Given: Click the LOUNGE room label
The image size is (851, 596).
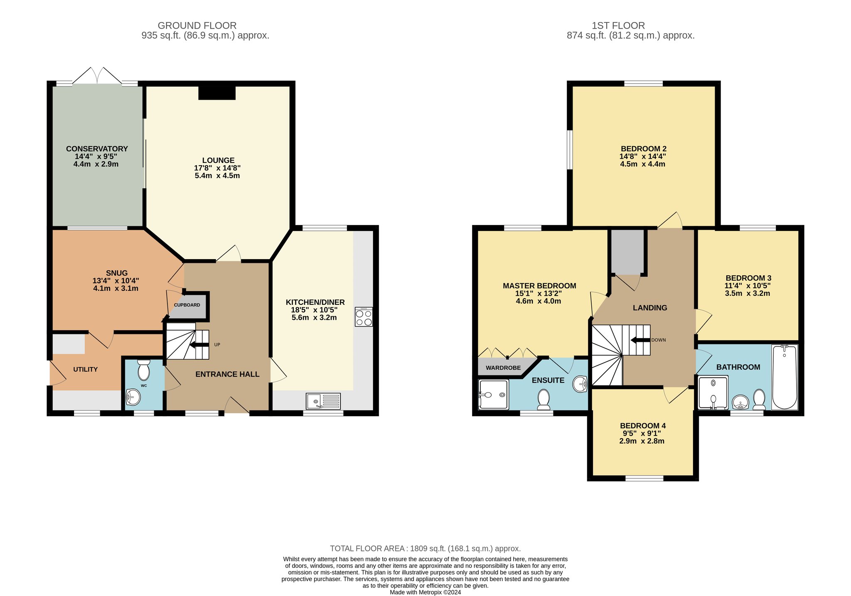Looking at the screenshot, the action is [x=218, y=160].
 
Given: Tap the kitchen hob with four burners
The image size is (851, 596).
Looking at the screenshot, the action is [x=364, y=317].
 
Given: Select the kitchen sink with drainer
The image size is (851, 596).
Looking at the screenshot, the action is [x=323, y=401].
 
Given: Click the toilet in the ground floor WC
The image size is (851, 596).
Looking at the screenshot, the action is [x=144, y=370].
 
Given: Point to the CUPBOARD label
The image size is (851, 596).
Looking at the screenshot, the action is [x=187, y=305].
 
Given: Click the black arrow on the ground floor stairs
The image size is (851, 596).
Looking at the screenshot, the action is [x=199, y=344].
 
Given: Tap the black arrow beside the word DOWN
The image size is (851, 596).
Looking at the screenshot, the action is [x=640, y=340].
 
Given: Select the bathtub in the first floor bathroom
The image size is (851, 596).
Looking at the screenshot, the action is [x=785, y=377].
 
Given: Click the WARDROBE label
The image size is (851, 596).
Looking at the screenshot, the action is [x=503, y=368].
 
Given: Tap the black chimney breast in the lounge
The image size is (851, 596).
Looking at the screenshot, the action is [x=217, y=93].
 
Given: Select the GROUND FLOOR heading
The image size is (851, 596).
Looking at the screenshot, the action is [x=197, y=26].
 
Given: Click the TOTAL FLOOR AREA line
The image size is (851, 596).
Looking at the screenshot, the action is [x=425, y=549].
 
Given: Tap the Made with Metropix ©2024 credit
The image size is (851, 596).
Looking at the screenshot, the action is [x=425, y=593].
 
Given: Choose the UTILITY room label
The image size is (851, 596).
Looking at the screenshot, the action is [x=86, y=369].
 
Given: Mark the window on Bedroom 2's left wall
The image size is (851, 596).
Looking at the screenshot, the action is [x=570, y=150].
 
